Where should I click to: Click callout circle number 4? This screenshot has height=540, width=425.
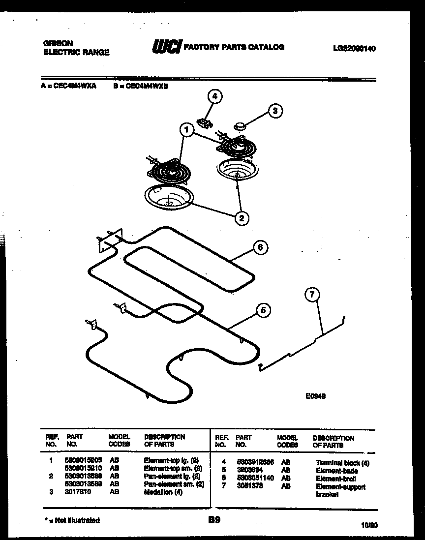tap(214, 97)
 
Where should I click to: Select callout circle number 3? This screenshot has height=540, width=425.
tap(275, 111)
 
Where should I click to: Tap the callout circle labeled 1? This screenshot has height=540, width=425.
tap(186, 130)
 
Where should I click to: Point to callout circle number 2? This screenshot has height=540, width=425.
tap(242, 217)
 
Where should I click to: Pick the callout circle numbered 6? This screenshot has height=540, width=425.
tap(261, 247)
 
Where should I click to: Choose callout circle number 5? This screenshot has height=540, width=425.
tap(263, 310)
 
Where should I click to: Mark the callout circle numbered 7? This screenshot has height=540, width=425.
tap(312, 295)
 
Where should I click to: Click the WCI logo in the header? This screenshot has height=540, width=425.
tap(166, 47)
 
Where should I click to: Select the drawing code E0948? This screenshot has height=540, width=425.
tap(315, 395)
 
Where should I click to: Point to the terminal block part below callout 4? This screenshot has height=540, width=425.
tap(204, 121)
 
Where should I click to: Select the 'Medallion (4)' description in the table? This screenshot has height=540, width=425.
tap(163, 492)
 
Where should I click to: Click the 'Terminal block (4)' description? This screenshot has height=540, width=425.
tap(342, 463)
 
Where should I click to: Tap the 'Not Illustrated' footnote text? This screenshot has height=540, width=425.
tap(71, 520)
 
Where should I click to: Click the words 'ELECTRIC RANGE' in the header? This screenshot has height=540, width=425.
tap(76, 52)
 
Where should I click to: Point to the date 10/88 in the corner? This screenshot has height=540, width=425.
tap(368, 525)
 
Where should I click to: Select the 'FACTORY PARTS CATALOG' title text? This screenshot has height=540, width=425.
tap(234, 47)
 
